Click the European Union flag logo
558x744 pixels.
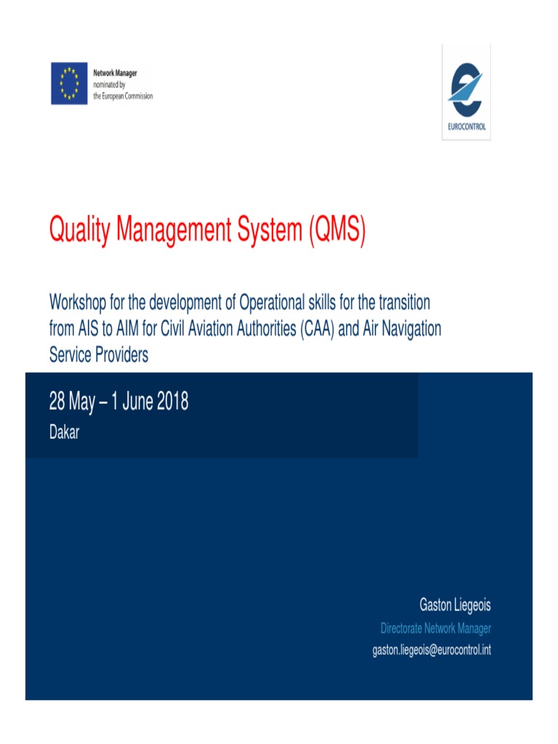70,84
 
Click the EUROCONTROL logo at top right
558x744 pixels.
466,92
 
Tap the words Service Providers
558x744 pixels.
99,355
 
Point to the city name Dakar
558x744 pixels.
64,433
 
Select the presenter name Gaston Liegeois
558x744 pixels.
455,604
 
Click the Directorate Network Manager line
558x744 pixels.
436,628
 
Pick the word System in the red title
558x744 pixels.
267,231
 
